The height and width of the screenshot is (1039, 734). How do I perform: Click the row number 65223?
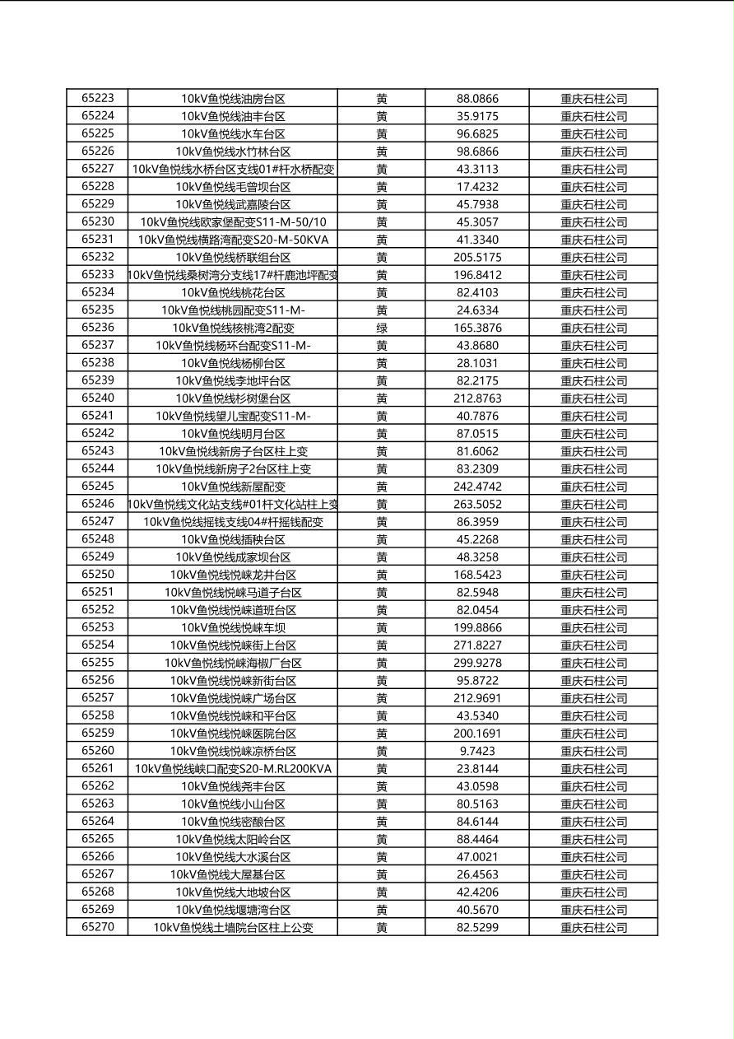coord(98,98)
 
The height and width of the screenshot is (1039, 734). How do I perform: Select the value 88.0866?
coord(477,99)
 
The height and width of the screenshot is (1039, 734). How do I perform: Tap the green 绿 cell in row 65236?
coord(382,328)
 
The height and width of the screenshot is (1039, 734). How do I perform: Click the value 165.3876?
coord(477,328)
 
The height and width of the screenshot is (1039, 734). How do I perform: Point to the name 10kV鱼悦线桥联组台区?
coord(233,257)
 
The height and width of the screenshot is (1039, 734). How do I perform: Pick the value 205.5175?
coord(477,257)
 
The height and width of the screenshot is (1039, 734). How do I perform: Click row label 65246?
coord(98,504)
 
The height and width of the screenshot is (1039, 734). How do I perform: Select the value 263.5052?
coord(477,504)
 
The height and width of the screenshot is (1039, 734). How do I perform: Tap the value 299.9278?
coord(477,663)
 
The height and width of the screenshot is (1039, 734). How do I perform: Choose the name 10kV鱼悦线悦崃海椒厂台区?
coord(233,663)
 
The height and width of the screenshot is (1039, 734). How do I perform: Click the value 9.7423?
coord(477,751)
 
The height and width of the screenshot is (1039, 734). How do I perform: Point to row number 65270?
coord(98,927)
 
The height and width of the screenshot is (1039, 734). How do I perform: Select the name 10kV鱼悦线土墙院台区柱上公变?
coord(233,927)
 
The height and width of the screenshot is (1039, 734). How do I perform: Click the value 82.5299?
coord(477,927)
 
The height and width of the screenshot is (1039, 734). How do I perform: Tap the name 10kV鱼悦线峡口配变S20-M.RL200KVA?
coord(233,769)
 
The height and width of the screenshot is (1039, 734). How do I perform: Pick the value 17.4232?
coord(477,187)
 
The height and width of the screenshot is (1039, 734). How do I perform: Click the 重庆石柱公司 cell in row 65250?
coord(593,575)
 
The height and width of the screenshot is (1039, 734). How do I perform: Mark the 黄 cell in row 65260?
coord(382,751)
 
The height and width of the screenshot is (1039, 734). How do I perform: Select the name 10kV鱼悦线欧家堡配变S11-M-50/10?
coord(233,222)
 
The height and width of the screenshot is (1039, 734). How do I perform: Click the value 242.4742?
coord(477,487)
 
